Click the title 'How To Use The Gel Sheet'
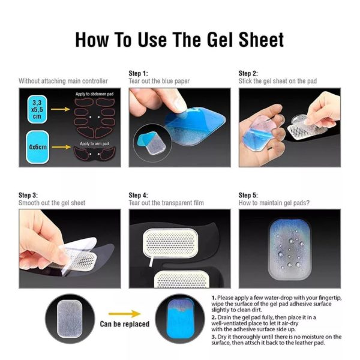[x=179, y=40]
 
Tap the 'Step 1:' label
[x=138, y=73]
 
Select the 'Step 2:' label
[x=248, y=73]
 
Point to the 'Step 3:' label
[x=28, y=195]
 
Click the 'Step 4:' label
[x=138, y=195]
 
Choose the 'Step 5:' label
[x=248, y=195]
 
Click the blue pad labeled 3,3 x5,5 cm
[x=37, y=110]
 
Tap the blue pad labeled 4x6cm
[x=37, y=147]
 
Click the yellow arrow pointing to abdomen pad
[x=61, y=109]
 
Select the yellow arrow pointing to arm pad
[x=62, y=147]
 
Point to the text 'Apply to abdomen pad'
[x=95, y=94]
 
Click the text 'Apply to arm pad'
[x=94, y=143]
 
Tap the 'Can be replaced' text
[x=125, y=324]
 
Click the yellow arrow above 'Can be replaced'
[x=124, y=314]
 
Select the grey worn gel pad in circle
[x=70, y=319]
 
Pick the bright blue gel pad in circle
[x=180, y=319]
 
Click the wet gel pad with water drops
[x=290, y=250]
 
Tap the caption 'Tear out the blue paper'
[x=159, y=81]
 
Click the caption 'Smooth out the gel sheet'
[x=52, y=203]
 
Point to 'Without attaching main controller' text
[x=63, y=81]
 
